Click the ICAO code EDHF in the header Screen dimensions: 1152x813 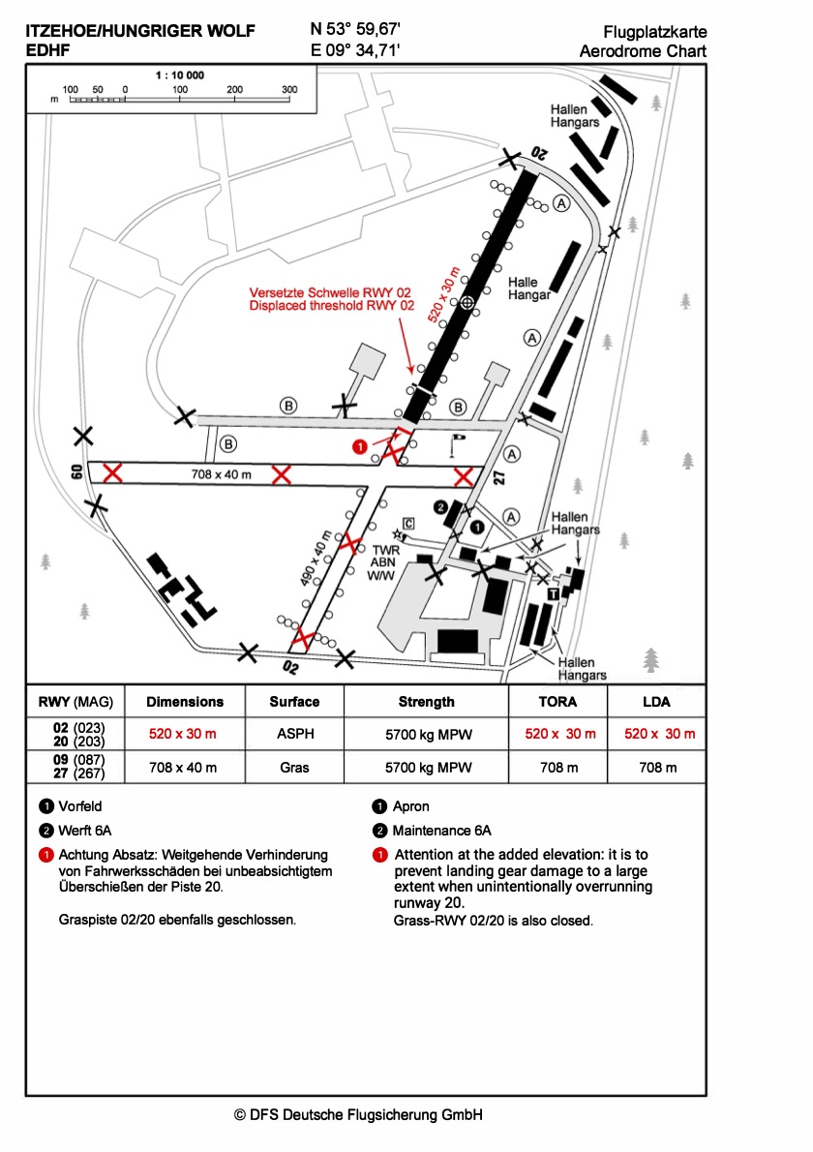click(x=47, y=50)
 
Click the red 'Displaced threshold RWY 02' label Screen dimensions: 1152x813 click(x=331, y=305)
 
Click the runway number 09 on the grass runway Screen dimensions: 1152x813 click(x=75, y=472)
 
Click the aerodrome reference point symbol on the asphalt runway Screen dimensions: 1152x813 click(x=467, y=303)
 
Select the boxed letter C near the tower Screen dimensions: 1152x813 click(x=409, y=524)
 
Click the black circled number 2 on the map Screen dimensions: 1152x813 click(x=439, y=506)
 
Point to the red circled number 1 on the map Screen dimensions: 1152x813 click(x=359, y=446)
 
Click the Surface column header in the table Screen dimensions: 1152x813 click(x=293, y=702)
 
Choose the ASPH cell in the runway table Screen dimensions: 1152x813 click(x=293, y=734)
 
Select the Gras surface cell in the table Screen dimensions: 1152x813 click(x=293, y=768)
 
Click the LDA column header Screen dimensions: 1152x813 click(x=656, y=702)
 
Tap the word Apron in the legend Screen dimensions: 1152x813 click(x=410, y=805)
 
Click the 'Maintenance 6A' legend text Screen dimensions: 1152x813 click(x=442, y=831)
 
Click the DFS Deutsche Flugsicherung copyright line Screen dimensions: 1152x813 click(x=358, y=1114)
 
